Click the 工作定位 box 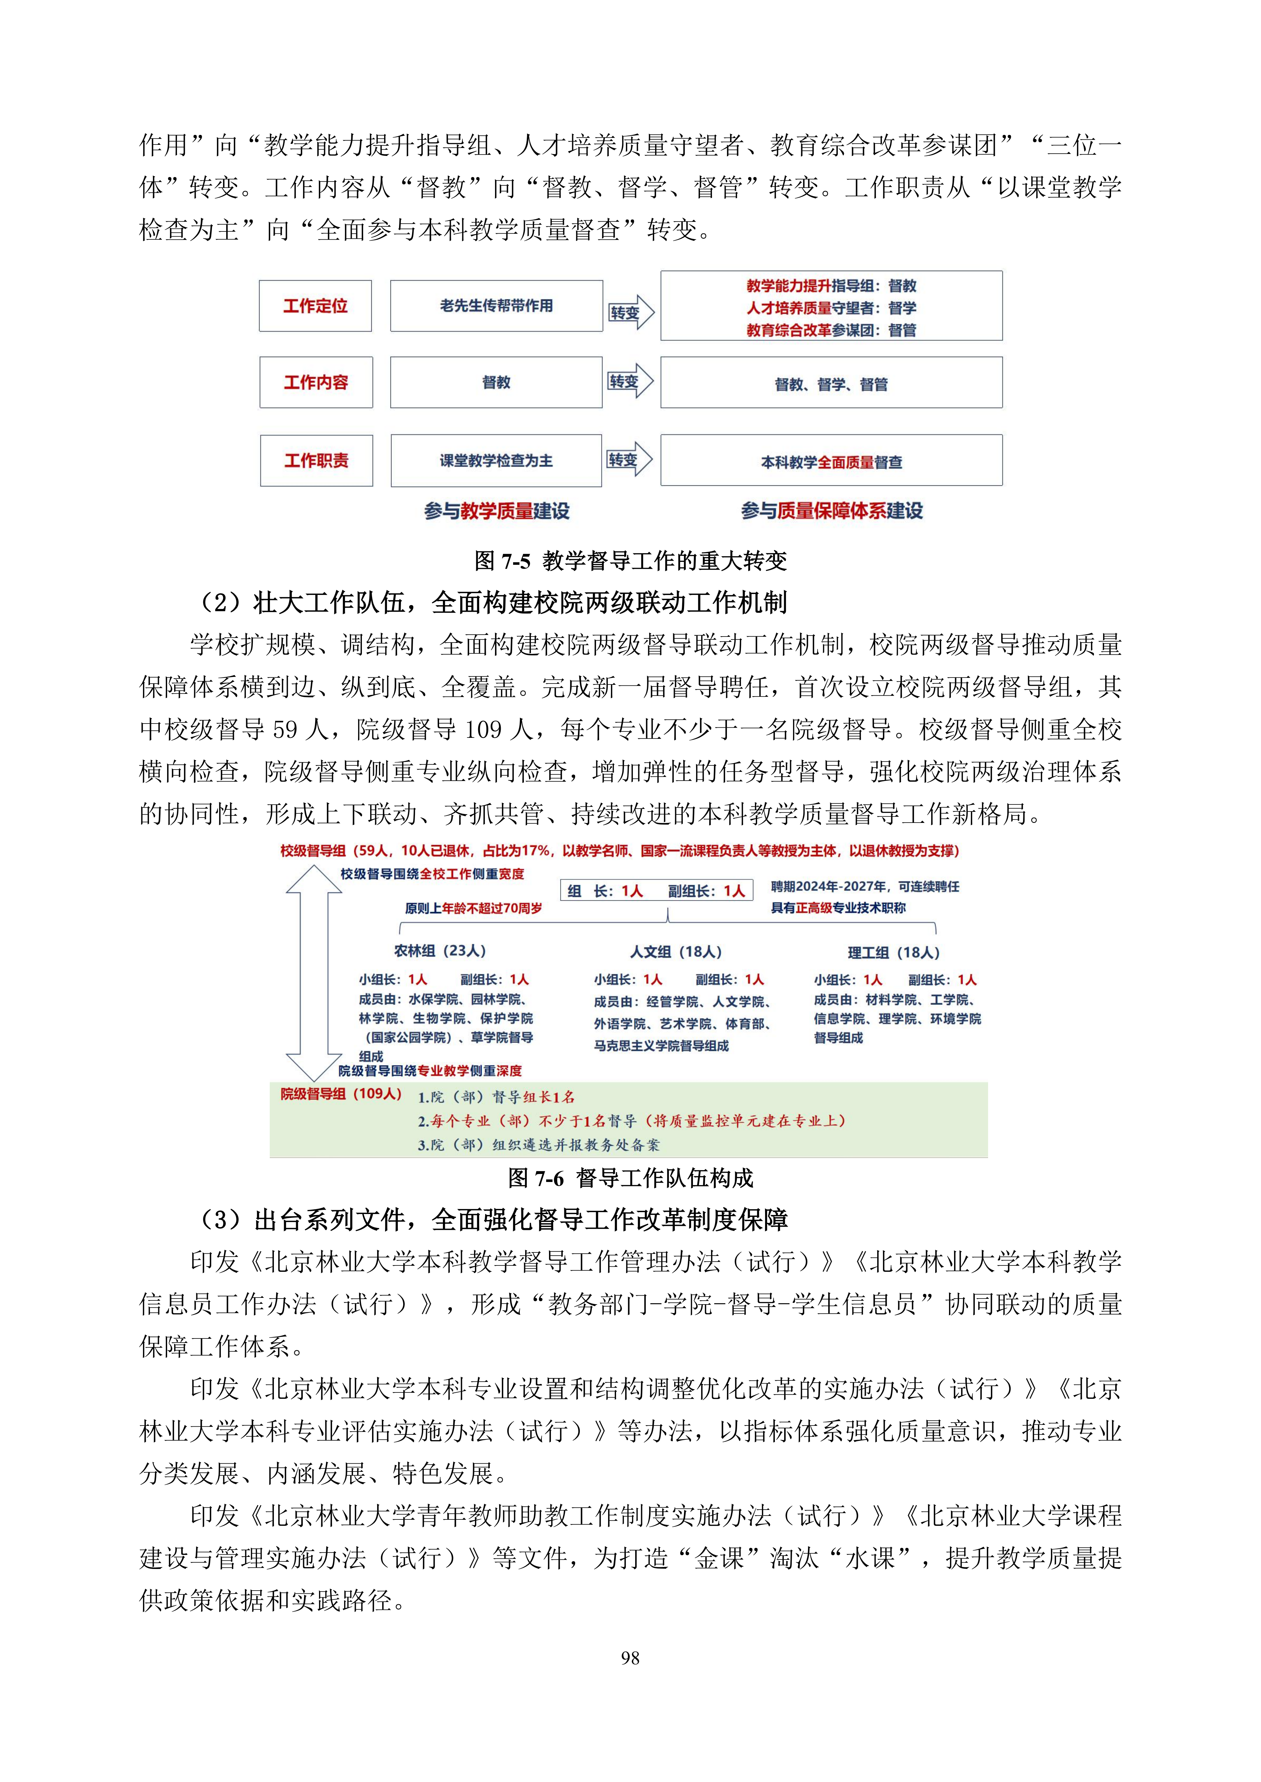[315, 306]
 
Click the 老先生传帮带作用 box [496, 306]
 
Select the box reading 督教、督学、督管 [831, 384]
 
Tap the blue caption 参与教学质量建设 [497, 511]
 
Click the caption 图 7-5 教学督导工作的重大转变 [630, 560]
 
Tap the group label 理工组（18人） [893, 952]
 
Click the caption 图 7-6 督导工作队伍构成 [630, 1178]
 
